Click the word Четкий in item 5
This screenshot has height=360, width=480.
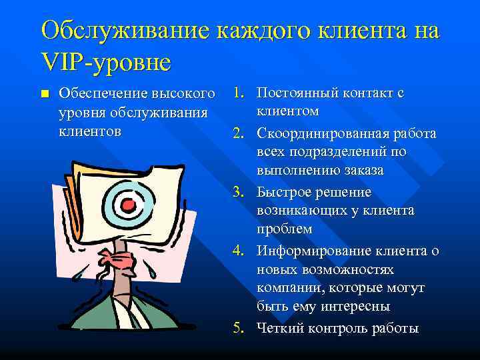pyautogui.click(x=280, y=328)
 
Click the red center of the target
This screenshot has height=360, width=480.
pyautogui.click(x=130, y=201)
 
